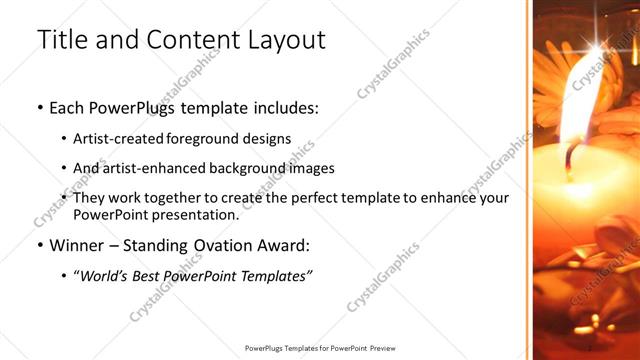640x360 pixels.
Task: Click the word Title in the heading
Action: [60, 40]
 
